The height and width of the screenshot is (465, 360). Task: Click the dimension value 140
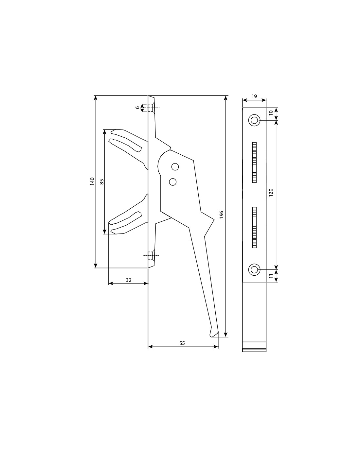click(92, 181)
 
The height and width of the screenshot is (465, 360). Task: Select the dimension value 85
click(102, 182)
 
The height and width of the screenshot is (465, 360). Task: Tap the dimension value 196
click(222, 215)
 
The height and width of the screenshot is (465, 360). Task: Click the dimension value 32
click(129, 280)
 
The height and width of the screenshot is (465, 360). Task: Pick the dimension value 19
click(254, 96)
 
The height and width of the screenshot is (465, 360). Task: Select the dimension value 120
click(271, 193)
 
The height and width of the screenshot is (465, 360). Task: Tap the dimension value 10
click(271, 113)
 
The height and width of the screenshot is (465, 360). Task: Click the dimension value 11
click(271, 276)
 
